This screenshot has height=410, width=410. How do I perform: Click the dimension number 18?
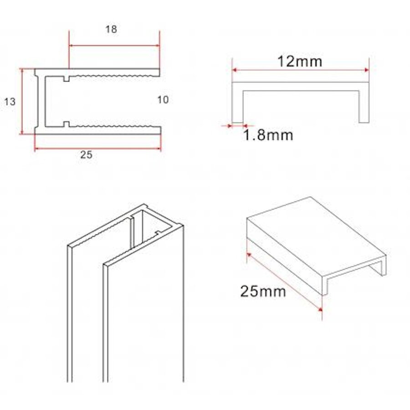(x=111, y=30)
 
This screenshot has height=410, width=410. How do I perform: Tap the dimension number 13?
(x=10, y=102)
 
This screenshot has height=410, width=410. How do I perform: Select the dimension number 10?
(x=163, y=100)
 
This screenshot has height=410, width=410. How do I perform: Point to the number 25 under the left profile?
(x=86, y=155)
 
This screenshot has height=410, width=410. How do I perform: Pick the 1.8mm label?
(x=267, y=135)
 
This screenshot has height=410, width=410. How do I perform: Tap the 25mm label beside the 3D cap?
(x=263, y=290)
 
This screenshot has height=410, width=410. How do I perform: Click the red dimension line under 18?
(x=114, y=46)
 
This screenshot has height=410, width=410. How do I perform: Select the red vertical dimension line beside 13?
(x=21, y=102)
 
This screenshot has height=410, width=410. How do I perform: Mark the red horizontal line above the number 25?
(x=97, y=149)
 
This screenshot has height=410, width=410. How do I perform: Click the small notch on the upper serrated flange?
(x=67, y=78)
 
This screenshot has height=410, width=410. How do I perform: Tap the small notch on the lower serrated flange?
(x=67, y=123)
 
